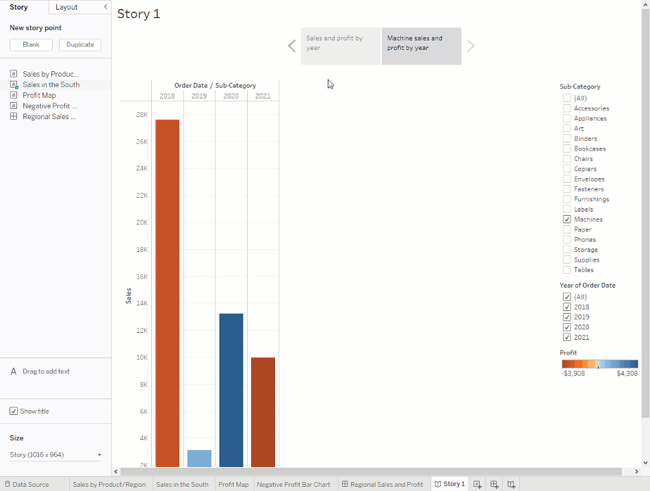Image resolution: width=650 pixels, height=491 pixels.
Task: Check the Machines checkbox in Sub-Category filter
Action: pos(567,219)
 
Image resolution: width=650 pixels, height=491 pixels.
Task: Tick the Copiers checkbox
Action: pos(567,168)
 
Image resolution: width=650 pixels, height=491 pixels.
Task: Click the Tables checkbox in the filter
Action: pos(567,270)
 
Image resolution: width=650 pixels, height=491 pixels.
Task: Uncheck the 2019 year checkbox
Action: pos(567,317)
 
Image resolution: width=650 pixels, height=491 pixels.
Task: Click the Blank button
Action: pos(31,45)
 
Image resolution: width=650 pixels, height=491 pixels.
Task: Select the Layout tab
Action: pos(66,7)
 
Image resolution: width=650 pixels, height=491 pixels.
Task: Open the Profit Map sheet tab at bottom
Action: pos(233,484)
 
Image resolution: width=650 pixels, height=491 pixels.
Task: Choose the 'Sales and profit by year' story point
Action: pos(340,46)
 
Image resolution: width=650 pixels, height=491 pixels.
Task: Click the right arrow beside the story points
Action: pos(471,46)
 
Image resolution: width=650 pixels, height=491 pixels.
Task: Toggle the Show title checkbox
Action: pos(14,411)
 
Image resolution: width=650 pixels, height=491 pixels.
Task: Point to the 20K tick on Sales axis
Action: pos(141,223)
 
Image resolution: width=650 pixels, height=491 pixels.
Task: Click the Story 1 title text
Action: pos(139,14)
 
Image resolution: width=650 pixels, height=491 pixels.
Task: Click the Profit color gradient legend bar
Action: pos(599,364)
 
